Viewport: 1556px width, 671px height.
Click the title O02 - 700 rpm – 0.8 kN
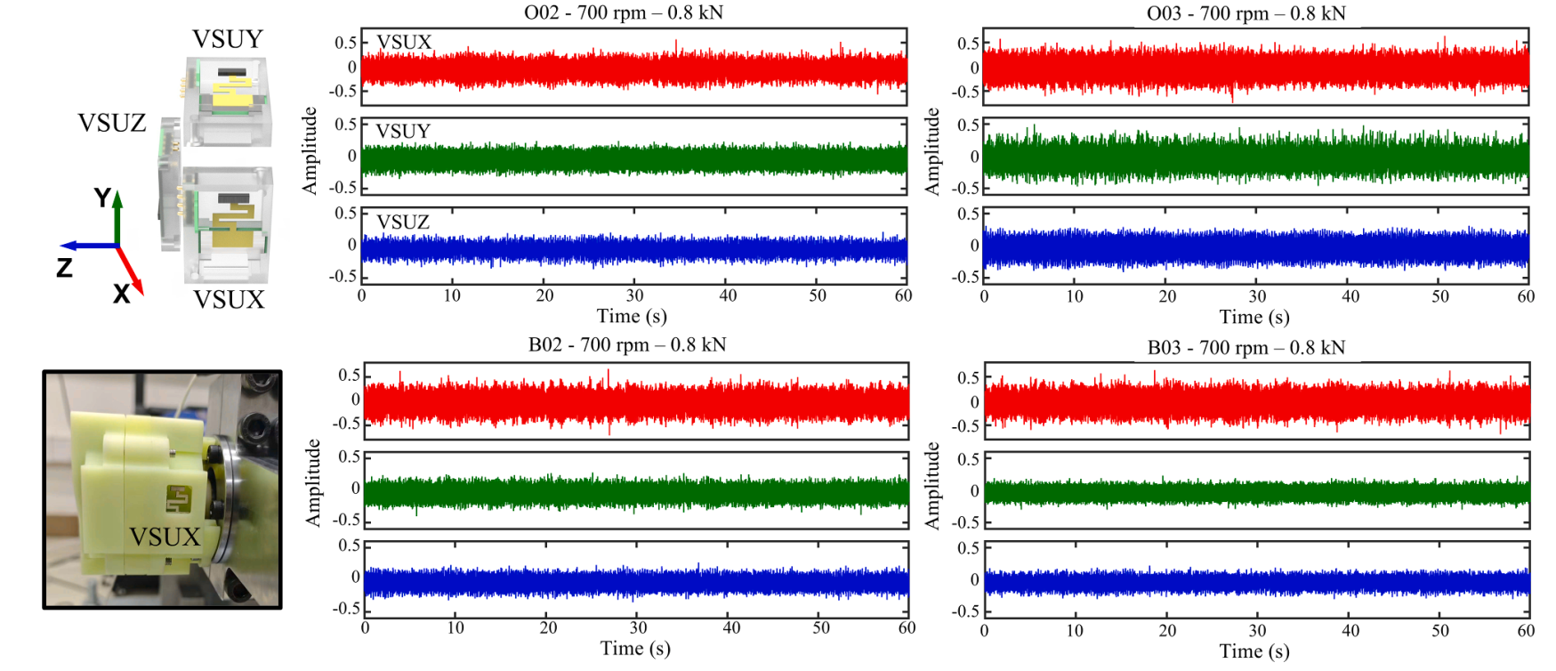click(623, 12)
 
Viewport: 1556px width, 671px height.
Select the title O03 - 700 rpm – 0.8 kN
click(1246, 13)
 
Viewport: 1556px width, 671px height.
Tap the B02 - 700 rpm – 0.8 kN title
click(626, 344)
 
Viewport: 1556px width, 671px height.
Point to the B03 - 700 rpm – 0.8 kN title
click(1246, 347)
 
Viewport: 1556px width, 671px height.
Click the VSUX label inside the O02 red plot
click(404, 42)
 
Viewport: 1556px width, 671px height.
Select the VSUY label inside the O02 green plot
click(402, 132)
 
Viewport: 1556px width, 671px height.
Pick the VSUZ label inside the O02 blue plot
click(402, 222)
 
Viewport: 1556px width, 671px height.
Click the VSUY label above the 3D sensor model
click(228, 39)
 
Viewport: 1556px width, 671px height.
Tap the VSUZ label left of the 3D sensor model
click(112, 123)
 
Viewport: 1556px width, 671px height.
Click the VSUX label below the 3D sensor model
click(229, 300)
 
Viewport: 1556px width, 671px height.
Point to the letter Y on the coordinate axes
click(103, 198)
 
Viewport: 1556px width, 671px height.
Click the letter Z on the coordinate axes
click(64, 267)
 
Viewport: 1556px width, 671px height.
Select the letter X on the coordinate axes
click(122, 294)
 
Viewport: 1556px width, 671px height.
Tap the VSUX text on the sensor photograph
click(165, 537)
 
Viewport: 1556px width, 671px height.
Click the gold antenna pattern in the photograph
click(179, 498)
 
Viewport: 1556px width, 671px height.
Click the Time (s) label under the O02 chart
click(632, 316)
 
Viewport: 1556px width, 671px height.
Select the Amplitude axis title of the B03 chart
click(931, 486)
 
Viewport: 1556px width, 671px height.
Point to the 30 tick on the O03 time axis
click(1257, 296)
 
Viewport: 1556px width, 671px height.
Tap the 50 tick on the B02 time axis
click(820, 628)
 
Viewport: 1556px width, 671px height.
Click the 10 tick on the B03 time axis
click(1075, 631)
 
